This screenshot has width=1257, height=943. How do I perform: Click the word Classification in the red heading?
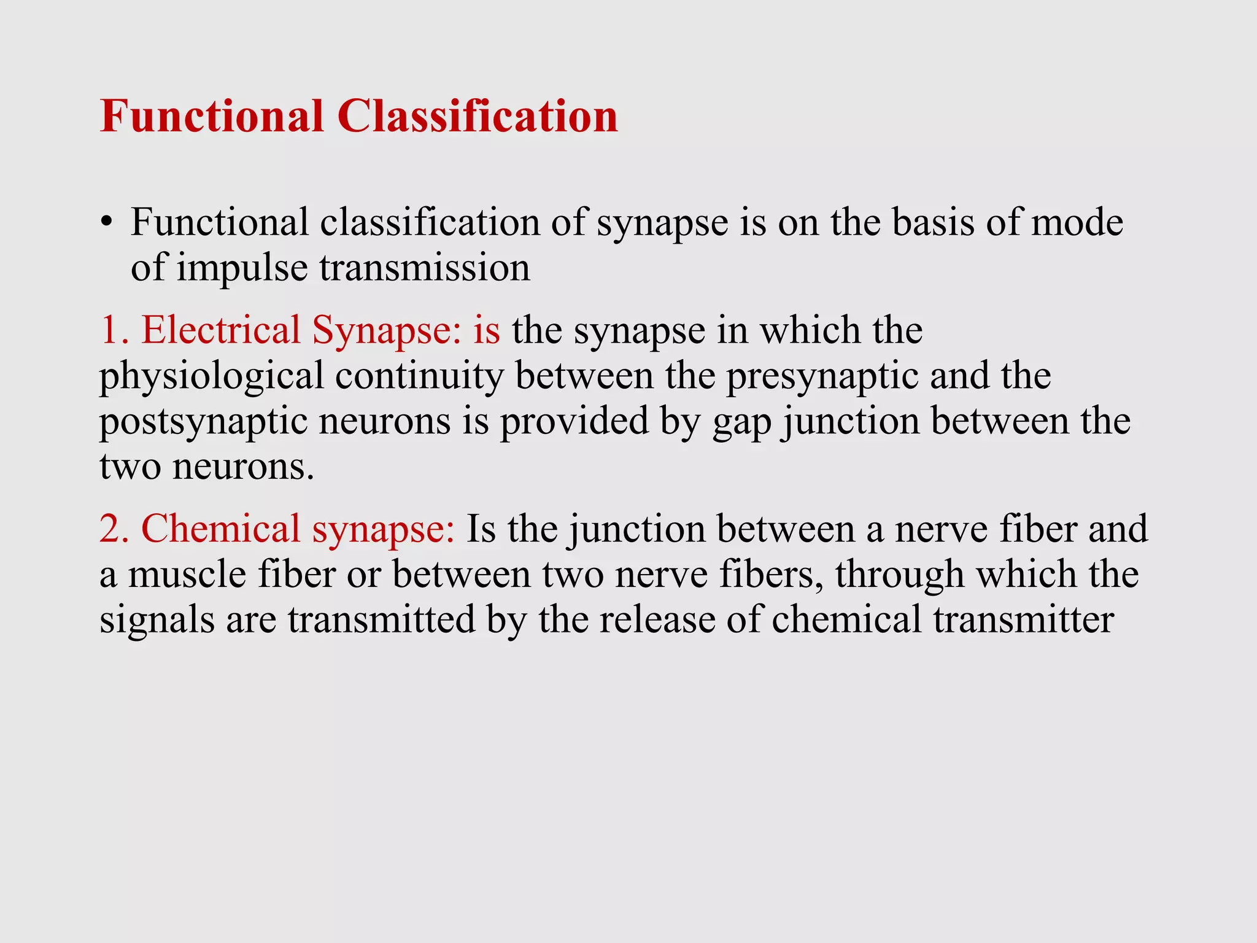477,116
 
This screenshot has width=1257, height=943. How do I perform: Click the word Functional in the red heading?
212,116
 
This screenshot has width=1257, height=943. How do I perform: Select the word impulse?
242,268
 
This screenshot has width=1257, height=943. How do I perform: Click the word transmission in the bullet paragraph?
424,268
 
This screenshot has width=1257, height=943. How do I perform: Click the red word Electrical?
221,330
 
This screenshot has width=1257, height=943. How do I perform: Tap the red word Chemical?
220,529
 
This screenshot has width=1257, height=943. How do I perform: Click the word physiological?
211,376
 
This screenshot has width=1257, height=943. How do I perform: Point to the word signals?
157,620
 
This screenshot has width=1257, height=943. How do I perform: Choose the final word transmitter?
1023,619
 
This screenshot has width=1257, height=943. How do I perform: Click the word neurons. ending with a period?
243,467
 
